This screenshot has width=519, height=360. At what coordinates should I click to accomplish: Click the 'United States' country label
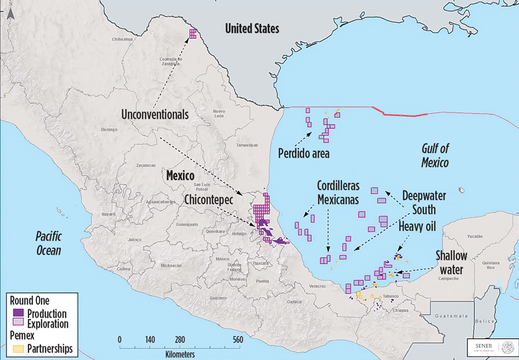252,29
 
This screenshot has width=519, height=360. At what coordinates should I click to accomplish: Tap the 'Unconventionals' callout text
154,114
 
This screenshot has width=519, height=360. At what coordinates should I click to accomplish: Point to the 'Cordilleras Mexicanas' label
337,191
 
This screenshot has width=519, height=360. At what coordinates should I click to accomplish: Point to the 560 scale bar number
237,339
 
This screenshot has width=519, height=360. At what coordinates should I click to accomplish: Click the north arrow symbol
9,10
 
